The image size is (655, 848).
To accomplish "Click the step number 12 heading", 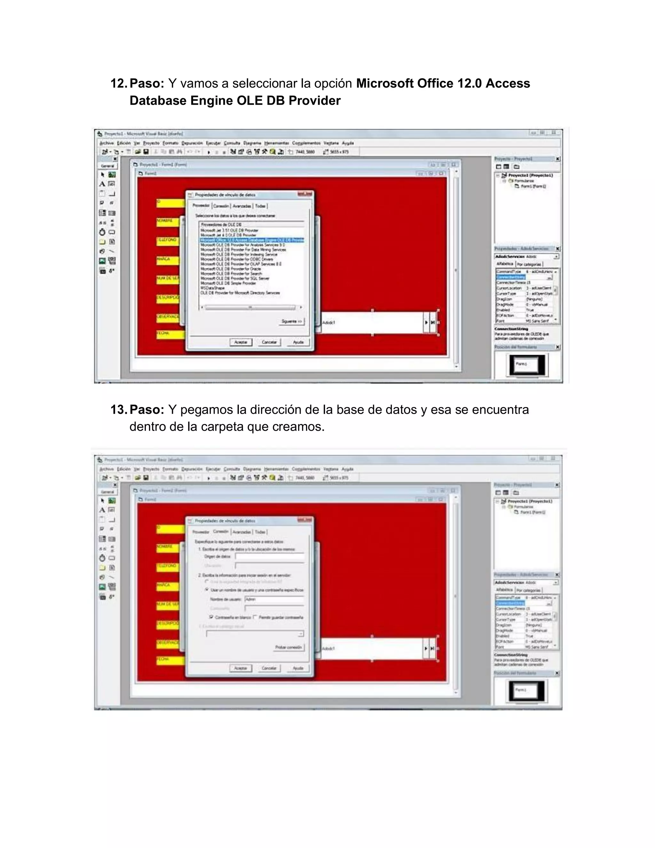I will pyautogui.click(x=118, y=84).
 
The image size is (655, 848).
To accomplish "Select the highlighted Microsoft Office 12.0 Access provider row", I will pyautogui.click(x=251, y=240).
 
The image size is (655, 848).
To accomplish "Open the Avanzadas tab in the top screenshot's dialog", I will pyautogui.click(x=242, y=206).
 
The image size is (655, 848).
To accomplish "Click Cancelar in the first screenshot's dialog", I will pyautogui.click(x=269, y=342).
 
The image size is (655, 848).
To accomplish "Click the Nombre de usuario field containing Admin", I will pyautogui.click(x=273, y=599).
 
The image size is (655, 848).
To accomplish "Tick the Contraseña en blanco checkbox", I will pyautogui.click(x=211, y=617).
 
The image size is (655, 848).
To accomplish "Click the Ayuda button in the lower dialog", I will pyautogui.click(x=298, y=668).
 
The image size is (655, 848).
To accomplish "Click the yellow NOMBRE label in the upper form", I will pyautogui.click(x=168, y=221).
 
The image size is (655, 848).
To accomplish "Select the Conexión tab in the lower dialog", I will pyautogui.click(x=221, y=532).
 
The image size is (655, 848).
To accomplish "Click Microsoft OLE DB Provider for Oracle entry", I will pyautogui.click(x=231, y=269).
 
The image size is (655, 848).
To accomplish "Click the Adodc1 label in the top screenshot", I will pyautogui.click(x=329, y=322).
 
